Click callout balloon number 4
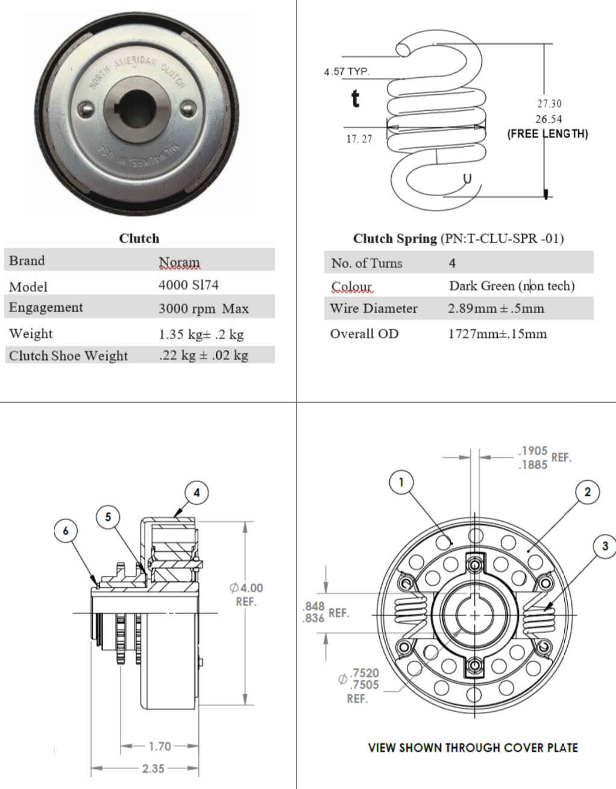(196, 492)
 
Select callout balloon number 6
(66, 531)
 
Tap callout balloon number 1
(401, 482)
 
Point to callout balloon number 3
(605, 547)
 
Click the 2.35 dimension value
(153, 768)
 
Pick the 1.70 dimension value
(160, 746)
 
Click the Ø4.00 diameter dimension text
(246, 588)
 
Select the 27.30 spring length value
(549, 104)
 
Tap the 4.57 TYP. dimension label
(347, 71)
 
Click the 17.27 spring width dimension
(359, 139)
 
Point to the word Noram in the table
(179, 262)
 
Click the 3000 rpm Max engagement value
(203, 308)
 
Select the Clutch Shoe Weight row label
(68, 355)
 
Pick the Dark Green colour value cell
(511, 285)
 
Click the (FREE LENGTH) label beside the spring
(547, 134)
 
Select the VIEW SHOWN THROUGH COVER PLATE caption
(473, 747)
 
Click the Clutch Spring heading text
(395, 238)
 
